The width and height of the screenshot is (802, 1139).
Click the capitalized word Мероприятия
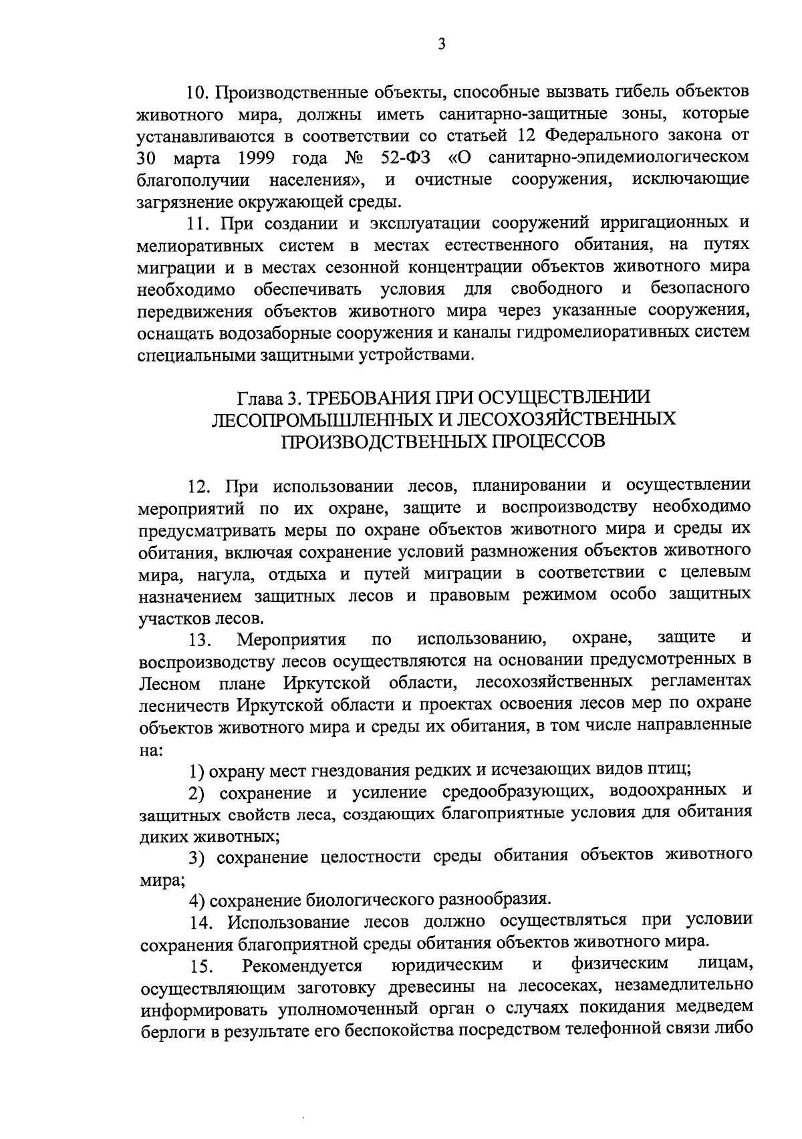291,640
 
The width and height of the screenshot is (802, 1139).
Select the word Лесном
170,684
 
